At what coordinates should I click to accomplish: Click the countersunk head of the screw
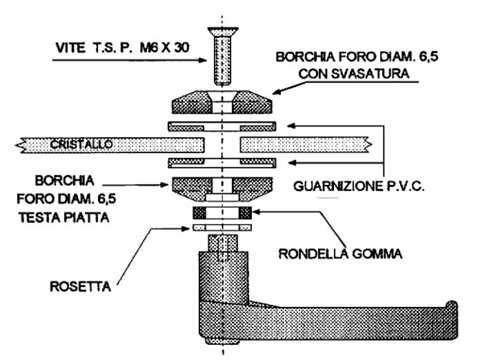tap(223, 32)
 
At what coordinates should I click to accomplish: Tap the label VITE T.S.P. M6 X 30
tap(122, 48)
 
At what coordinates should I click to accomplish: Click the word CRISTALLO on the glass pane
tap(81, 144)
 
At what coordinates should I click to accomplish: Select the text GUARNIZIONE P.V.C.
tap(359, 186)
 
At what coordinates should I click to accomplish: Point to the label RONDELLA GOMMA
tap(340, 254)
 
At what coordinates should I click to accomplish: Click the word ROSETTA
tap(81, 287)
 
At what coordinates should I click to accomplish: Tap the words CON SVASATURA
tap(354, 74)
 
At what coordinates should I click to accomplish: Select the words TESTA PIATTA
tap(64, 218)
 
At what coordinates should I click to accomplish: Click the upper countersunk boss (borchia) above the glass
tap(221, 102)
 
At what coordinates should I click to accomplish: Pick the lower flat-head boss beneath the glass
tap(221, 189)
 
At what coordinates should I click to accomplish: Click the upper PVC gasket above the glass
tap(221, 126)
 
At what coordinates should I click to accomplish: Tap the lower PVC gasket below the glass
tap(221, 163)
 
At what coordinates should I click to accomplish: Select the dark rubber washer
tap(222, 213)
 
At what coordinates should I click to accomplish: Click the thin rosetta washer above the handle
tap(222, 228)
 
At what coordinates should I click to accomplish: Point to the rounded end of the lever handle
tap(452, 320)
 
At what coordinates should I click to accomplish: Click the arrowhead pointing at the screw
tap(203, 60)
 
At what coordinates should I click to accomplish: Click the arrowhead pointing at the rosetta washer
tap(186, 228)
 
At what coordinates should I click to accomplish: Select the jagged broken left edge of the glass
tap(20, 145)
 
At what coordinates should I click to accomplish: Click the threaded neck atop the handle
tap(223, 243)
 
